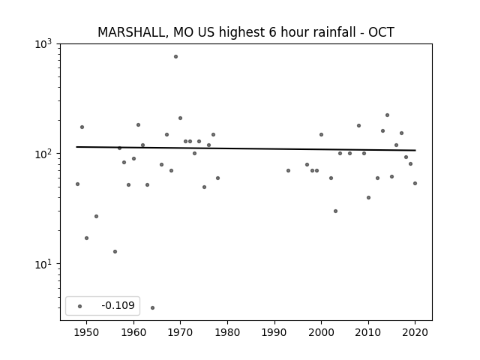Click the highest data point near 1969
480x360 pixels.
[175, 57]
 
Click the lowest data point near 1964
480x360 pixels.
[152, 307]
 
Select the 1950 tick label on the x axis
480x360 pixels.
[87, 332]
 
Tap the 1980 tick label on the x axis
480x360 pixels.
[227, 332]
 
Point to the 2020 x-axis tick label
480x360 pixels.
[415, 332]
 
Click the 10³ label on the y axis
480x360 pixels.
[43, 44]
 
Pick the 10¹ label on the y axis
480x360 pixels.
[43, 264]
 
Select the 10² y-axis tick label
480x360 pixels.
[43, 154]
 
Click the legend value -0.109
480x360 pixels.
[118, 305]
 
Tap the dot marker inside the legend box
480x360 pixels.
[79, 306]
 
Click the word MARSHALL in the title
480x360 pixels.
[133, 32]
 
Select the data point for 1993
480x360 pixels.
[288, 170]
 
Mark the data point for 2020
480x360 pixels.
[415, 183]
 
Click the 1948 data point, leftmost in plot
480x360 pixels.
[77, 184]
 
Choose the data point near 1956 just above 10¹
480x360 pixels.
[115, 252]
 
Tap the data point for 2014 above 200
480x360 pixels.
[387, 115]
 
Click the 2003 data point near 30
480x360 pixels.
[335, 211]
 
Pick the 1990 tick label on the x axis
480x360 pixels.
[274, 332]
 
